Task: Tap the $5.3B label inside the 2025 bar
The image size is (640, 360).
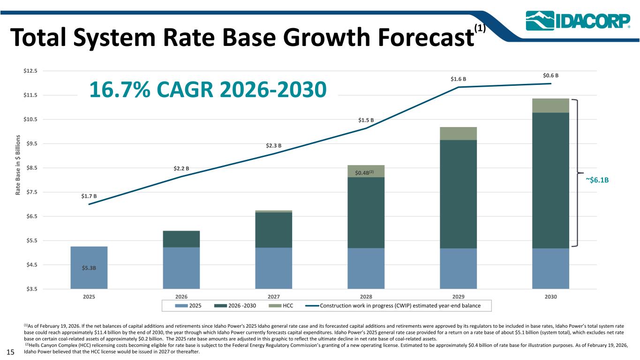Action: [x=89, y=268]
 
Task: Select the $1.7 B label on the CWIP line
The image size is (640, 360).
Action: [x=89, y=196]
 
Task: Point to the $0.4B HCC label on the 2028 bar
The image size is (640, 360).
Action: [x=364, y=173]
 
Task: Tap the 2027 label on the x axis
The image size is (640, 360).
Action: [x=274, y=297]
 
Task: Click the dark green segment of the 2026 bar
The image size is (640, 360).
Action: [x=181, y=239]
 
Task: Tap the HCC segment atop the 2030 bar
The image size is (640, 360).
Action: [x=550, y=105]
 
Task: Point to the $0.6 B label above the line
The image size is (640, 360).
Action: [x=550, y=75]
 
